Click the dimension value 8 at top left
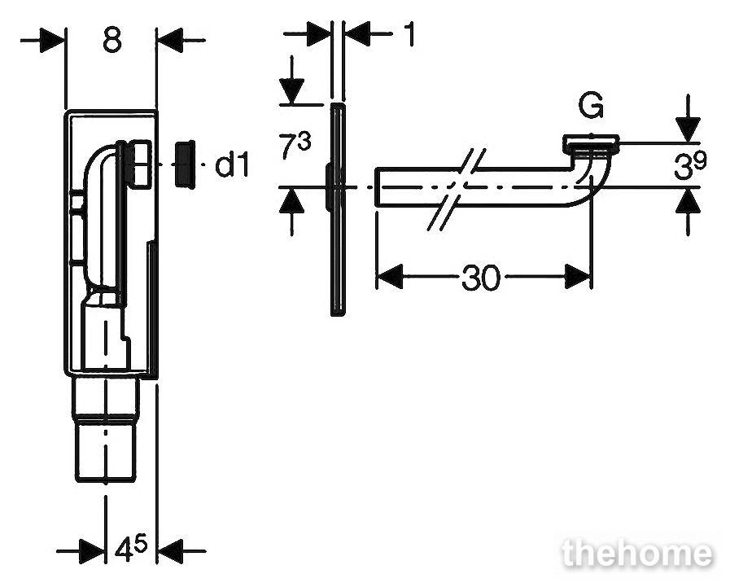(112, 39)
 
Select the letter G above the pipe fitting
(591, 105)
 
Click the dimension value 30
(481, 278)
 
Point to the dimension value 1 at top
(409, 33)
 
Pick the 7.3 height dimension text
(295, 146)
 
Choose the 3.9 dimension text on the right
(690, 165)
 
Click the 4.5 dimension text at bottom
(131, 549)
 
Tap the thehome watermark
(637, 554)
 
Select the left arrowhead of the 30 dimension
(389, 277)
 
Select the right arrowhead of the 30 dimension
(577, 277)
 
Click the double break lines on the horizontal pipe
(457, 189)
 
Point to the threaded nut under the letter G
(591, 144)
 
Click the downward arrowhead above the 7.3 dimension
(291, 91)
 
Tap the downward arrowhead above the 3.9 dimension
(688, 129)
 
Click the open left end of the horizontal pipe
(376, 186)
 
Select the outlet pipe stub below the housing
(107, 429)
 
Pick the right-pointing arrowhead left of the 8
(51, 40)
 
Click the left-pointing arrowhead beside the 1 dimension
(357, 33)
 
